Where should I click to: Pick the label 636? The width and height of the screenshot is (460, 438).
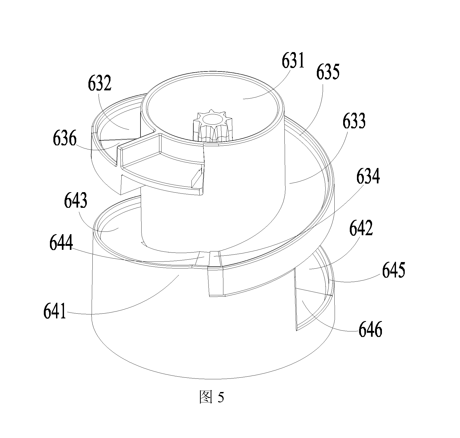tap(65, 138)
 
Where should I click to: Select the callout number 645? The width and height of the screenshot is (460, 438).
tap(393, 270)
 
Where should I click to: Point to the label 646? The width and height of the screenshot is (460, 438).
tap(370, 329)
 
